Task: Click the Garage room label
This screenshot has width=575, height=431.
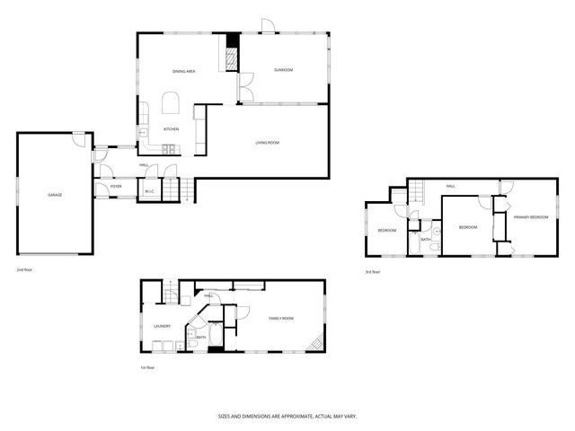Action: coord(55,195)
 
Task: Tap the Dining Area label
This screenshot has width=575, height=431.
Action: coord(184,71)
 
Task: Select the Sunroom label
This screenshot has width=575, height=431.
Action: coord(284,70)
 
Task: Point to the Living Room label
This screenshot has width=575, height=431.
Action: coord(267,143)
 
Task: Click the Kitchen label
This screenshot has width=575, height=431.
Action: coord(171,129)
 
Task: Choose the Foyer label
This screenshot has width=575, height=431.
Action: coord(116,187)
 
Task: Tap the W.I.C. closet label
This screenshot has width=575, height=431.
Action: coord(148,191)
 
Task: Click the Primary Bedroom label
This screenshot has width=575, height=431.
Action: coord(531,217)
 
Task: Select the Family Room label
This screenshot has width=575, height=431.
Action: coord(281,318)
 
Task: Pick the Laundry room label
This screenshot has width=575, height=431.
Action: coord(163,326)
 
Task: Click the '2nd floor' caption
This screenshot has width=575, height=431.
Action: coord(23,269)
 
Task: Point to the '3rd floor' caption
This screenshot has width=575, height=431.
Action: coord(372,272)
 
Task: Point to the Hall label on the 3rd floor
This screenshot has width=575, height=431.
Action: coord(450,187)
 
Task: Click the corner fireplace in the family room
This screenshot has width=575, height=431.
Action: coord(314,344)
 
